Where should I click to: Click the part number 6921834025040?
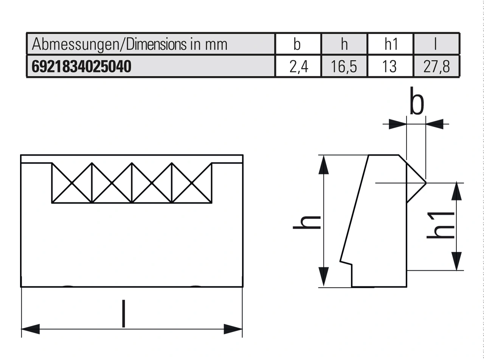click(x=81, y=67)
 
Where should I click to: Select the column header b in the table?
click(x=298, y=44)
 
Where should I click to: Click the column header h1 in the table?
click(x=391, y=44)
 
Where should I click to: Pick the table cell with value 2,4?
click(x=298, y=67)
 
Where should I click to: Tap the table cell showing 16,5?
click(x=344, y=67)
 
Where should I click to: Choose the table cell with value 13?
click(x=390, y=67)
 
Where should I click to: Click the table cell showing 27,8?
click(x=437, y=67)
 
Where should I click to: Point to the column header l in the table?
click(x=436, y=44)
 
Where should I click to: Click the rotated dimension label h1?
click(x=441, y=225)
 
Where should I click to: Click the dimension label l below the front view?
click(x=123, y=313)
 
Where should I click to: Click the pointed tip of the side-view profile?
click(x=425, y=183)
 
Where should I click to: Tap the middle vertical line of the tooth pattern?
click(x=132, y=183)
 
